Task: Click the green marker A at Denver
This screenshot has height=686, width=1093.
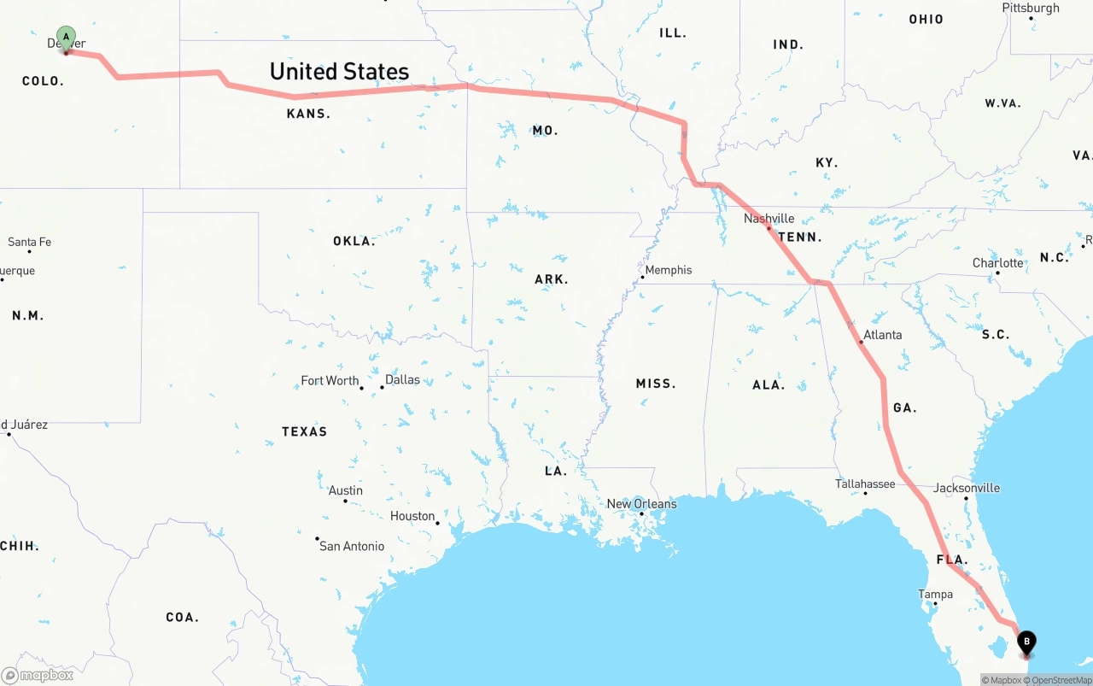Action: pyautogui.click(x=66, y=38)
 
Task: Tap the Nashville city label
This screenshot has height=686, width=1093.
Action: pyautogui.click(x=769, y=219)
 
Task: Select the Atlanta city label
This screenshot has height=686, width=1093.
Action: pyautogui.click(x=882, y=335)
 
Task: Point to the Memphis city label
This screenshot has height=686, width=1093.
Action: pyautogui.click(x=669, y=270)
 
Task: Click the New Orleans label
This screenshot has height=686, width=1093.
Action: pyautogui.click(x=641, y=504)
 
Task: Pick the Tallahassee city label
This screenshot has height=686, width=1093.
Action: pyautogui.click(x=865, y=484)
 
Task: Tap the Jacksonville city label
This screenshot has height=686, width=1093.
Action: pyautogui.click(x=967, y=488)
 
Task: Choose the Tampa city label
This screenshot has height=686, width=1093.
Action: pyautogui.click(x=935, y=595)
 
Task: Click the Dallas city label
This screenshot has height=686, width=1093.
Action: pyautogui.click(x=402, y=379)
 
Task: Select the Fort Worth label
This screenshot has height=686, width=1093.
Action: pyautogui.click(x=330, y=380)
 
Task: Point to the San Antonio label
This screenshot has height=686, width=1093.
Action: pyautogui.click(x=352, y=546)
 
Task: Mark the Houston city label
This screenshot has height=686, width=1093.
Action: pyautogui.click(x=412, y=516)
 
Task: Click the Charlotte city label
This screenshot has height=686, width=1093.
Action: pyautogui.click(x=997, y=262)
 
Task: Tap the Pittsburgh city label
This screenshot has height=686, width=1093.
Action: pyautogui.click(x=1031, y=8)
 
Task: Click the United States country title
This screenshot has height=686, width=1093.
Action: pyautogui.click(x=339, y=72)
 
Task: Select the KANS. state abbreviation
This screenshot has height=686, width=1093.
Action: pyautogui.click(x=308, y=114)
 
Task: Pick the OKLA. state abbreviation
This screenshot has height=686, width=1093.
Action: pyautogui.click(x=354, y=242)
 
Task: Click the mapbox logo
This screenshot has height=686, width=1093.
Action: pyautogui.click(x=38, y=675)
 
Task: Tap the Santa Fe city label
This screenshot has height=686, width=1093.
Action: pyautogui.click(x=30, y=242)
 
